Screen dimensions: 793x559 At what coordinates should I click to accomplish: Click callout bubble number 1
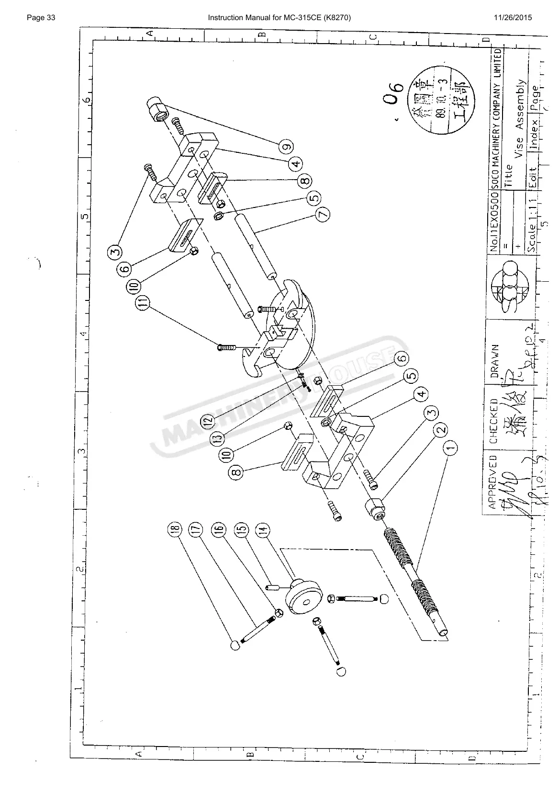coord(450,448)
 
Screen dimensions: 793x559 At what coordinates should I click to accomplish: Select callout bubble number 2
coord(441,431)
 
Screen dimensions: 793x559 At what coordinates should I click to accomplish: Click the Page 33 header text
coord(42,18)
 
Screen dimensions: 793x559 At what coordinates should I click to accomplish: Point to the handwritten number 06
coord(393,97)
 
